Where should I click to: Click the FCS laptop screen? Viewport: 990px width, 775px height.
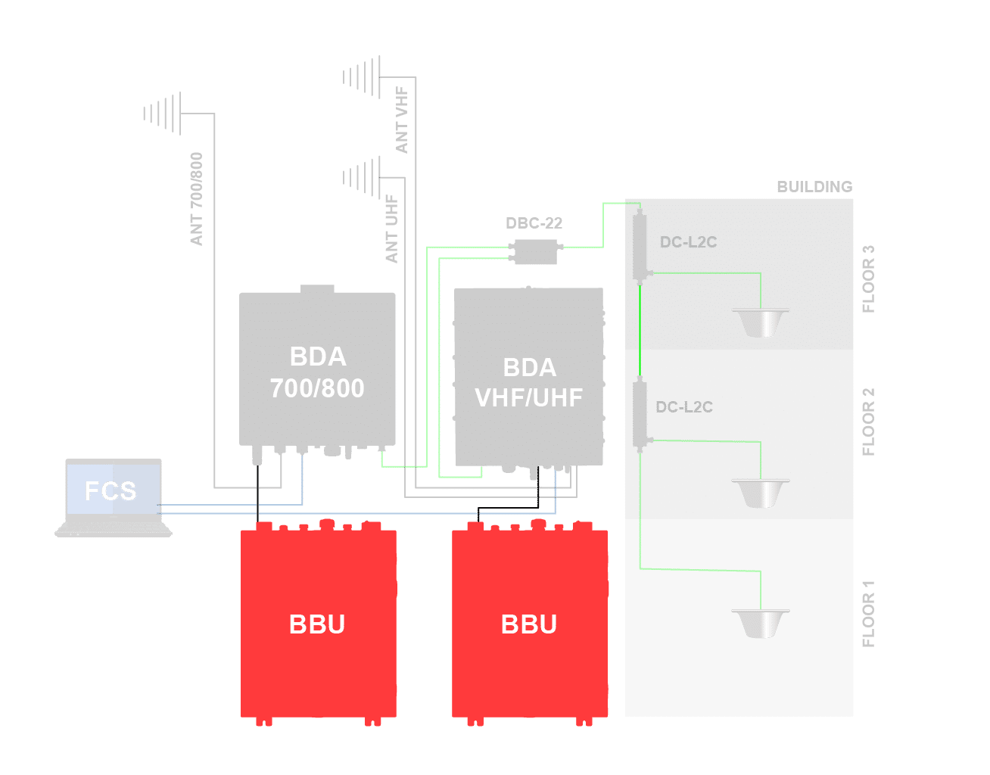(x=113, y=490)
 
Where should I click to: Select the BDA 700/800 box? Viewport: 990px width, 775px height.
(x=317, y=371)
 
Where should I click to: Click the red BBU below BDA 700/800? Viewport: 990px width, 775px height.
(x=318, y=623)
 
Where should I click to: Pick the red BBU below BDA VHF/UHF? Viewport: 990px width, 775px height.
(x=529, y=623)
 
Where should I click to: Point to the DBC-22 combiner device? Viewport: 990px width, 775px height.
(x=535, y=251)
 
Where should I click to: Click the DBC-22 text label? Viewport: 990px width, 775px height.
(x=534, y=223)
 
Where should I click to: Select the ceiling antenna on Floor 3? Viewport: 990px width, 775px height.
(x=761, y=322)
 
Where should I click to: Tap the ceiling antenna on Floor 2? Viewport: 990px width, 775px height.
(x=761, y=493)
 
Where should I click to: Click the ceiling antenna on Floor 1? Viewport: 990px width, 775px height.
(x=761, y=623)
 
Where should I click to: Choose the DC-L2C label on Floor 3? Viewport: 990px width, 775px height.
(x=688, y=242)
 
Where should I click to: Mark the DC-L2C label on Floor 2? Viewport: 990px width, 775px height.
(x=684, y=407)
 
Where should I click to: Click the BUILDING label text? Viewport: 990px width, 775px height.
(x=814, y=186)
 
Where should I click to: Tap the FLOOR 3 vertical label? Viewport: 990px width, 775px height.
(x=868, y=279)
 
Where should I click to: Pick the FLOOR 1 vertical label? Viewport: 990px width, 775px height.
(x=868, y=614)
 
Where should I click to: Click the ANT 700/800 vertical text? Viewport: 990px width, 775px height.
(x=197, y=199)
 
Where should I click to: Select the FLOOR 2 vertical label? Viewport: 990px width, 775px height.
(x=868, y=422)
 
